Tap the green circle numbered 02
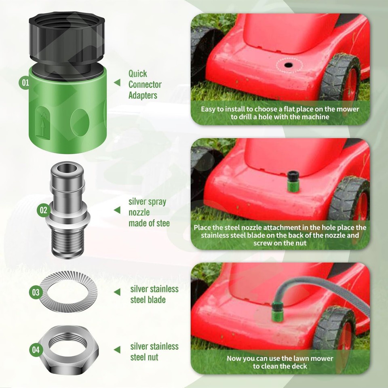coord(43,210)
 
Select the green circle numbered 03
coord(36,292)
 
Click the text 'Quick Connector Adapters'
coord(145,84)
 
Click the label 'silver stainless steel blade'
coord(154,294)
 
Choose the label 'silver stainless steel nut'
coord(154,352)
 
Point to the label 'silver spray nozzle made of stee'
coord(149,212)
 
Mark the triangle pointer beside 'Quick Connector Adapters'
coord(117,82)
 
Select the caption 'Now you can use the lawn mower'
coord(280,358)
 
